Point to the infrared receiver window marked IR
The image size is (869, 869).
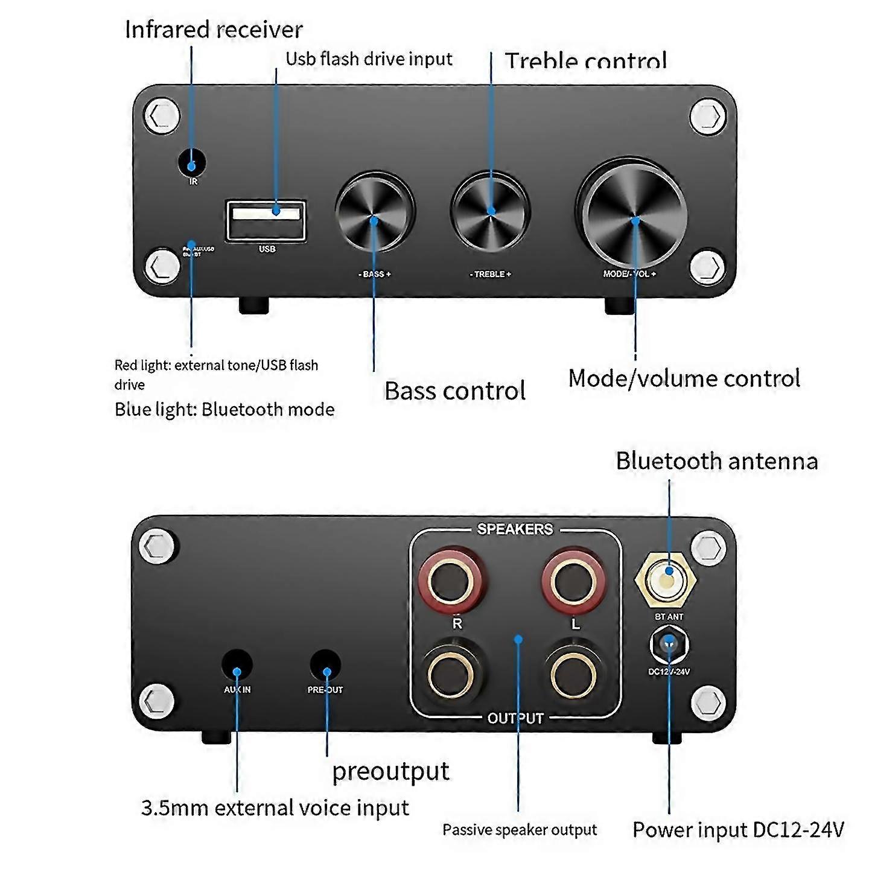[x=192, y=163]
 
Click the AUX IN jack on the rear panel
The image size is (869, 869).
[x=237, y=665]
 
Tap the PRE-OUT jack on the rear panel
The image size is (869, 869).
[x=325, y=665]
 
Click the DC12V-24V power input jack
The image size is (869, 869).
[x=669, y=644]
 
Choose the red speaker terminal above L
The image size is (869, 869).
[x=573, y=581]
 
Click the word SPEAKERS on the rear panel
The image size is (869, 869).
[x=515, y=529]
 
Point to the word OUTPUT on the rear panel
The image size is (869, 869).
[x=515, y=718]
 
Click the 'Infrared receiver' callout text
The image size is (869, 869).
[x=214, y=30]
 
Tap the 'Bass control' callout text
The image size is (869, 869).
[x=455, y=391]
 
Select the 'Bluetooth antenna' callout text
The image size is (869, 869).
[x=717, y=461]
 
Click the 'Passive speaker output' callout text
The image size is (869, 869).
[x=520, y=830]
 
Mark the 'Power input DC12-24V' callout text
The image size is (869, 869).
[x=738, y=830]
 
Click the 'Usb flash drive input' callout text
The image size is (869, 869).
[x=369, y=59]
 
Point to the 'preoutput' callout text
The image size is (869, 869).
[x=390, y=771]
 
